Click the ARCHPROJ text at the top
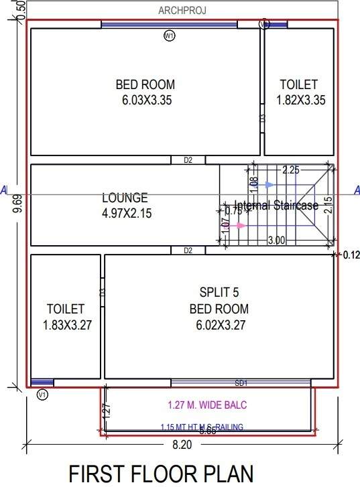click(181, 10)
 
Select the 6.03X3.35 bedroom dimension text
click(145, 100)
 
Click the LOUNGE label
click(125, 198)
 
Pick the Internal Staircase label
click(276, 206)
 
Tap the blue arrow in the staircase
click(269, 184)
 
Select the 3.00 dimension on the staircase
click(276, 240)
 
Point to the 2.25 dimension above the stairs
click(290, 170)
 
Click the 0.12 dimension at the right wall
click(351, 255)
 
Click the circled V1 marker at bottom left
click(42, 395)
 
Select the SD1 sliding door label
click(241, 383)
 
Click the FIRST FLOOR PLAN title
click(161, 472)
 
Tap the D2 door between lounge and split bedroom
click(188, 251)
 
